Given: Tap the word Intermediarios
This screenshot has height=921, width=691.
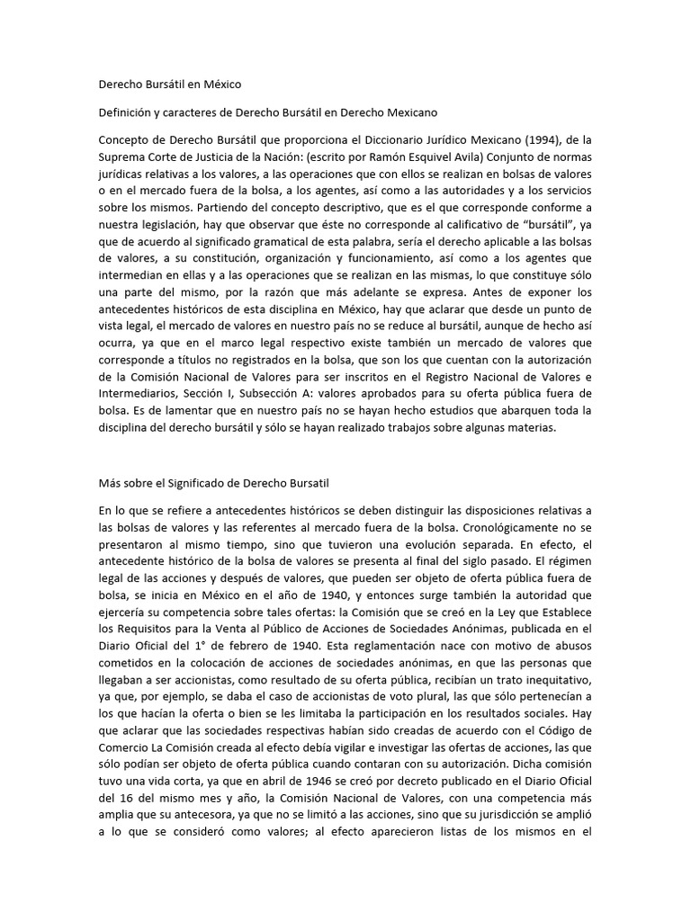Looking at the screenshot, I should pos(138,368).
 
